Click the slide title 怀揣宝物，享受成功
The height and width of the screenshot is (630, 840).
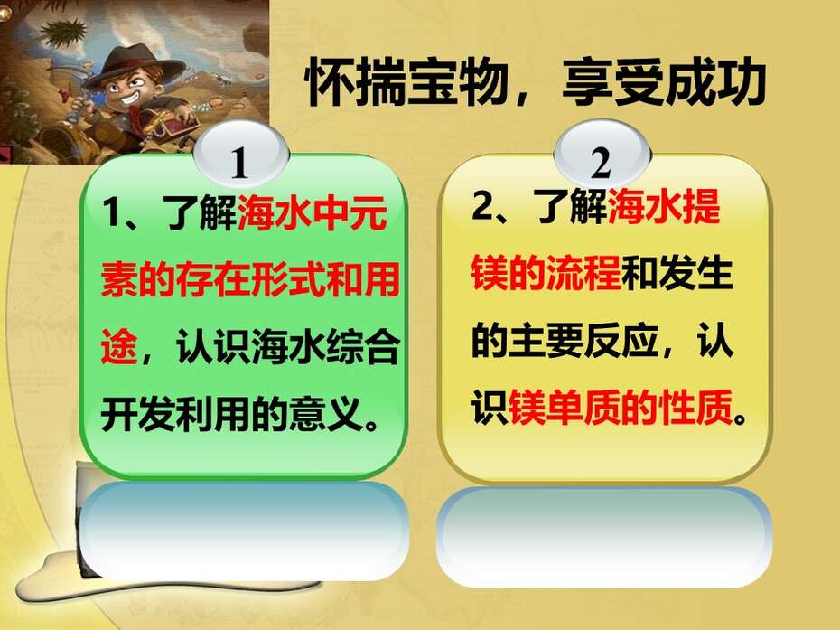click(x=536, y=82)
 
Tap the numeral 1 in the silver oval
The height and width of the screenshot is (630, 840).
click(x=239, y=162)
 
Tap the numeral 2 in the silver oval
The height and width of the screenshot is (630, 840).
click(x=601, y=163)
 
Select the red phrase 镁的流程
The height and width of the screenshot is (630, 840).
click(x=546, y=273)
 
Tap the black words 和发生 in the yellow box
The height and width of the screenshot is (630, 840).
click(x=677, y=273)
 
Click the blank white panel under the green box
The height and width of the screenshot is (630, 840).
click(x=245, y=531)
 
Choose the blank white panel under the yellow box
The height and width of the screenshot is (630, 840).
click(x=605, y=536)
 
